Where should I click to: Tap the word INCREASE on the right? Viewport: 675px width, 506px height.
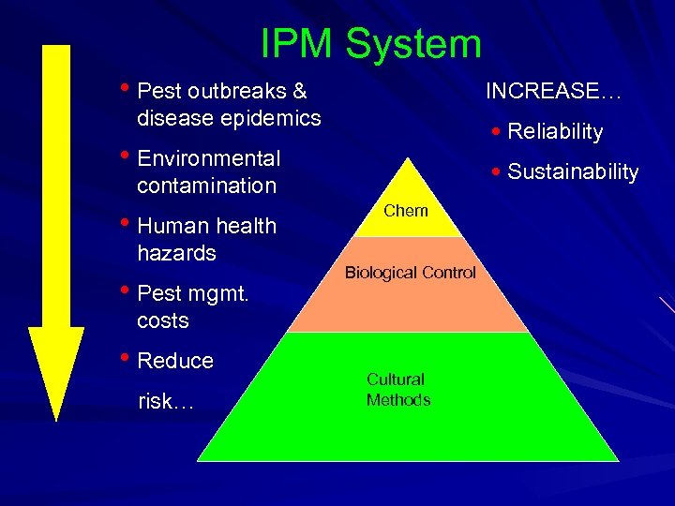coord(543,92)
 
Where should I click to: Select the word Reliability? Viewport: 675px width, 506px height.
coord(555,132)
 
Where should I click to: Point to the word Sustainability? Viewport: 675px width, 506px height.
coord(573,172)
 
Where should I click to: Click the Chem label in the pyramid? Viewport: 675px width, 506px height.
coord(406,211)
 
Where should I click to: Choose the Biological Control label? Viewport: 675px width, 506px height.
coord(411,273)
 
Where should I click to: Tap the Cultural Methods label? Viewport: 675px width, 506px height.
coord(398,390)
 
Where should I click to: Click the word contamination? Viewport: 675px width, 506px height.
coord(206,186)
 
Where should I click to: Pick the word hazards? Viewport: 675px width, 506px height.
coord(176,253)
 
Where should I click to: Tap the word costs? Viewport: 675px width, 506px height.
coord(163,320)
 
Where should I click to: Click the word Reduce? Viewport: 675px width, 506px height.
coord(175,361)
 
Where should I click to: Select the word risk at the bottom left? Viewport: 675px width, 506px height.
coord(161,402)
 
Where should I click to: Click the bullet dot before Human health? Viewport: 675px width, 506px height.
coord(127,224)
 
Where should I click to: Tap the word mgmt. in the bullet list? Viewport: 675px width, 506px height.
coord(217,293)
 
